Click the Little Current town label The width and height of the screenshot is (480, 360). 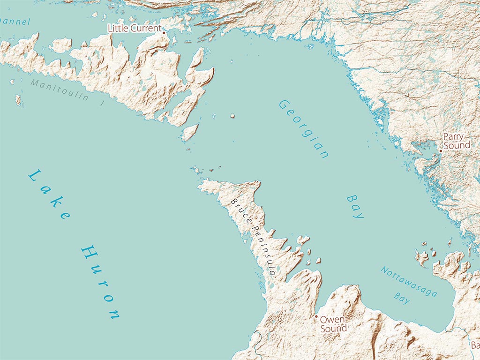134,29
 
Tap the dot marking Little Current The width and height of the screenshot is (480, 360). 164,33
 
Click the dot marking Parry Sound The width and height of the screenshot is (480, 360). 441,151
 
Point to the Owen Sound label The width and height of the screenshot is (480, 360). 333,324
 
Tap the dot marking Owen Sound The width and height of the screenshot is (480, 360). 316,317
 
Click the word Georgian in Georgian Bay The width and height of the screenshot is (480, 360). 303,129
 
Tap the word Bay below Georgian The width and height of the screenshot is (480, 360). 355,206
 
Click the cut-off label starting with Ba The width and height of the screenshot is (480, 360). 475,346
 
